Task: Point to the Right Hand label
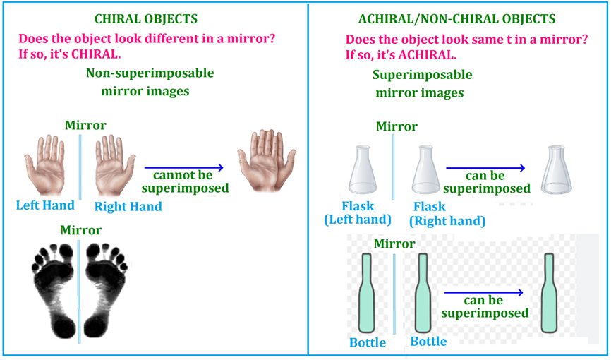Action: coord(128,207)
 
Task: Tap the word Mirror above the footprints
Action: coord(80,230)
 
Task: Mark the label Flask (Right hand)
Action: coord(447,214)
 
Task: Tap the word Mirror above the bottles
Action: coord(394,244)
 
